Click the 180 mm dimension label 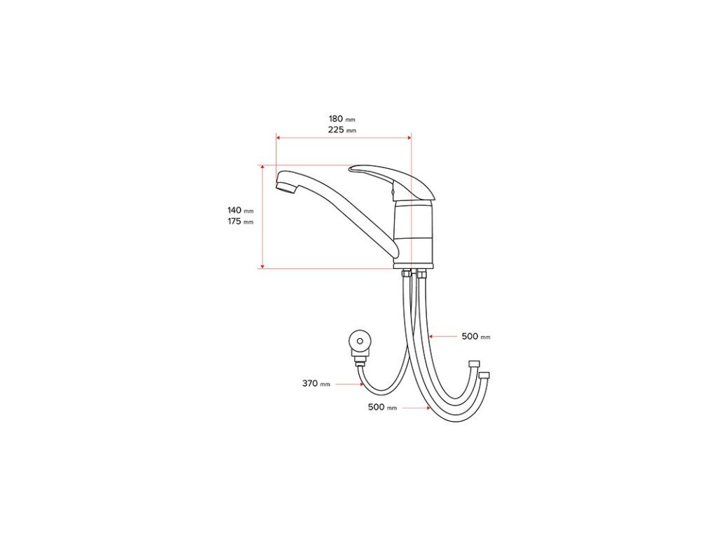coord(341,119)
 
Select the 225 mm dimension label coord(341,130)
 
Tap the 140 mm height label coord(241,210)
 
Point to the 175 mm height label coord(241,222)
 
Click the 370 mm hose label coord(316,383)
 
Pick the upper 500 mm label coord(476,337)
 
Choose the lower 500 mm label coord(382,407)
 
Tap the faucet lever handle coord(391,181)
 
